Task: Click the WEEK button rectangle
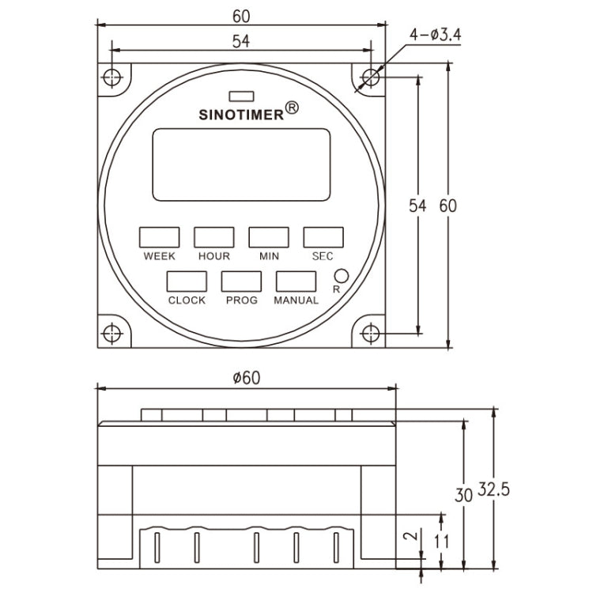(x=159, y=237)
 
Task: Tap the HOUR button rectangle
(x=214, y=237)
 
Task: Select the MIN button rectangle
(x=269, y=237)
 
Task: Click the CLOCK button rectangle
(x=187, y=281)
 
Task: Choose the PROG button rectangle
(x=241, y=281)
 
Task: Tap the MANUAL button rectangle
(x=296, y=281)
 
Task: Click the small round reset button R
(x=341, y=276)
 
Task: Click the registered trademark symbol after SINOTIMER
(x=291, y=108)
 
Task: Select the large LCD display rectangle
(x=240, y=164)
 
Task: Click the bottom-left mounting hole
(x=112, y=333)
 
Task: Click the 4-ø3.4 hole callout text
(x=436, y=36)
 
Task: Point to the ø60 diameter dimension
(x=246, y=377)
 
